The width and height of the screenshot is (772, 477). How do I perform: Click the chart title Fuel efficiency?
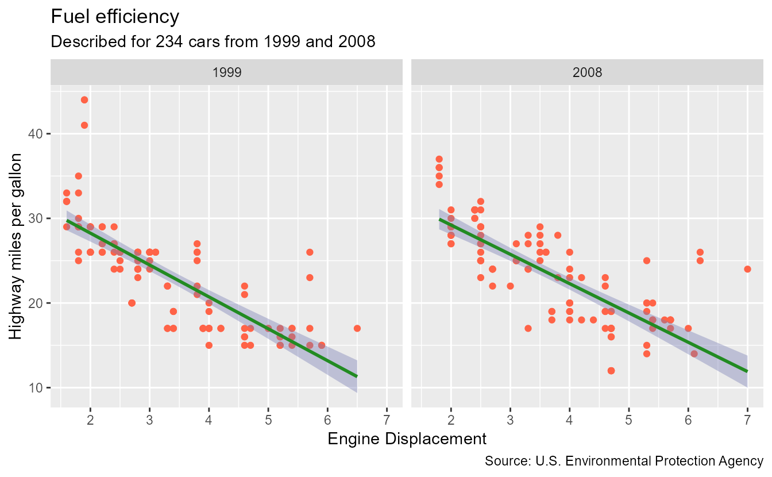[x=115, y=17]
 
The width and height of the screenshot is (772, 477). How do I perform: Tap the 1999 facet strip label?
[x=226, y=73]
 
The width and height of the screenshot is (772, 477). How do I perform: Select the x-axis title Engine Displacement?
[x=407, y=439]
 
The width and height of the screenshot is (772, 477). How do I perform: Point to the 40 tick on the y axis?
[x=36, y=134]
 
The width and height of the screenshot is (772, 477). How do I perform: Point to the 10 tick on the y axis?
[x=36, y=387]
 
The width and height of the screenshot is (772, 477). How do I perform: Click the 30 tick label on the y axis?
[x=36, y=218]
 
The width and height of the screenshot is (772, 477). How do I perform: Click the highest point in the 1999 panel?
[x=84, y=100]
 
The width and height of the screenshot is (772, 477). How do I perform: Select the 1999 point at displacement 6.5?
[x=357, y=328]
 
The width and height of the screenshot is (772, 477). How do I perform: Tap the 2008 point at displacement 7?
[x=747, y=269]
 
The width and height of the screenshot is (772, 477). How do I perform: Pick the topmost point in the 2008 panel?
[x=439, y=159]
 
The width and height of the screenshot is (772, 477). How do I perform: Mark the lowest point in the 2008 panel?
[x=611, y=371]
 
